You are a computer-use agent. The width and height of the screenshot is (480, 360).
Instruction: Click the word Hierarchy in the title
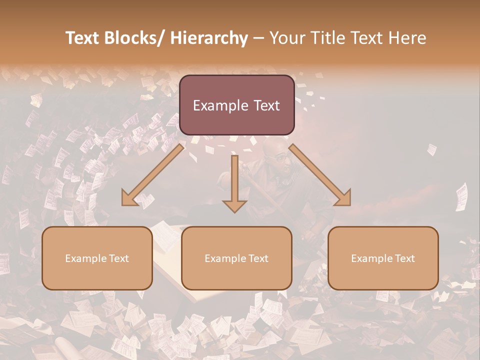point(209,38)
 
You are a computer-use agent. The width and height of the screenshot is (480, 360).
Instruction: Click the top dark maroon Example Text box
point(236,105)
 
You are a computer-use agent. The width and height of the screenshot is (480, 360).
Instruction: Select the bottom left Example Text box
point(97,258)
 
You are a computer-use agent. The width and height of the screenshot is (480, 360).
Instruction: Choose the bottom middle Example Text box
point(236,258)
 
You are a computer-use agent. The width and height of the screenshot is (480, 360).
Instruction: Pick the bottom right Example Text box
point(383,258)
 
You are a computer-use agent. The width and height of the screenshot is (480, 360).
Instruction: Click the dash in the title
point(258,38)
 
